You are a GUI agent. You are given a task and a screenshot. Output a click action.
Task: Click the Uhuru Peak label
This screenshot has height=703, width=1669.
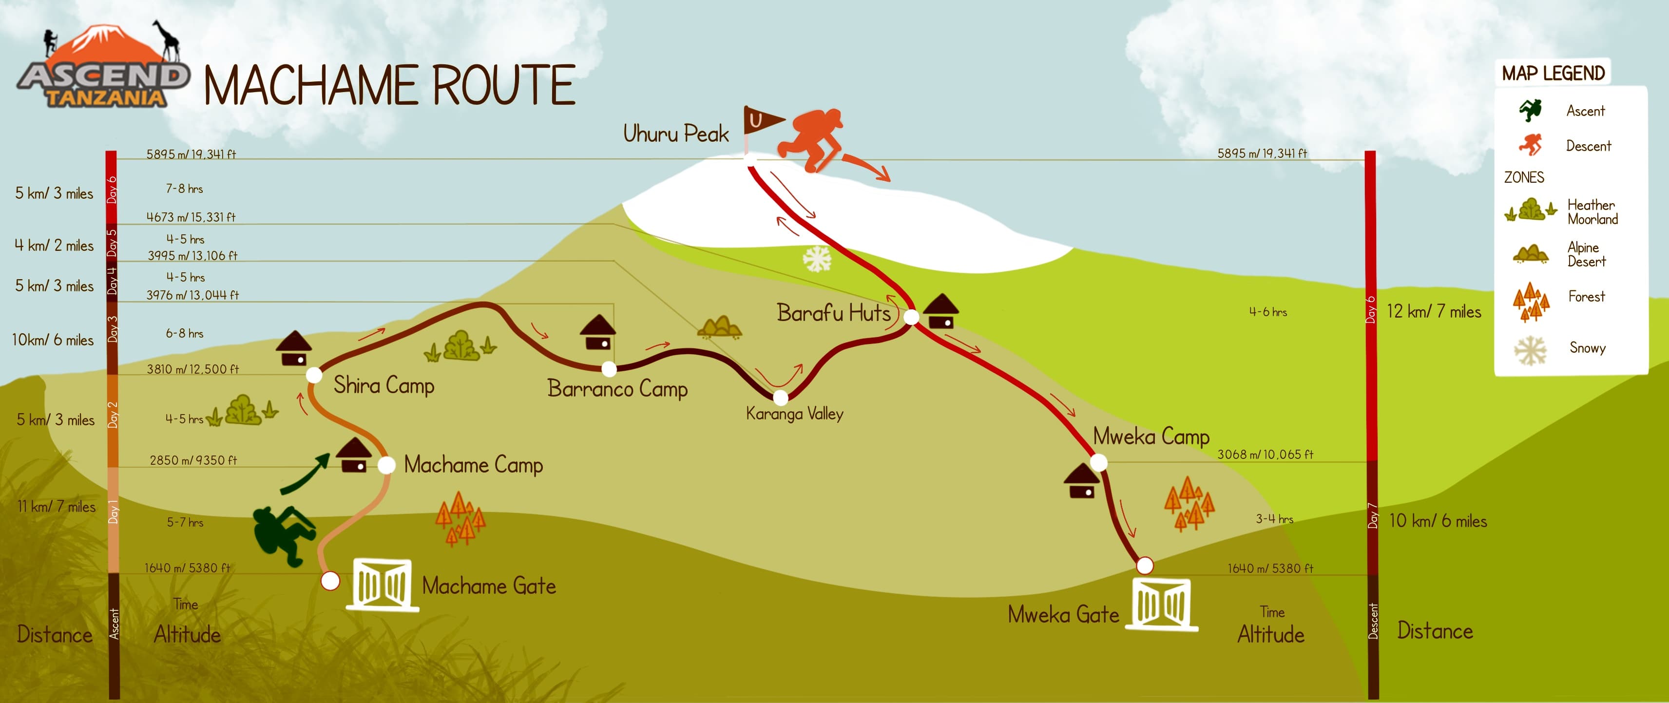point(676,133)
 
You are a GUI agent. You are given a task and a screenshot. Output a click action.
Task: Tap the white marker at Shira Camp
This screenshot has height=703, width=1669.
point(314,375)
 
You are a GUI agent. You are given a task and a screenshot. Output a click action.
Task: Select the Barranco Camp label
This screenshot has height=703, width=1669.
point(617,389)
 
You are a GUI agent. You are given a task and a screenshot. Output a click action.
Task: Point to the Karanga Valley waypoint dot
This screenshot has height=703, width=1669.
point(781,397)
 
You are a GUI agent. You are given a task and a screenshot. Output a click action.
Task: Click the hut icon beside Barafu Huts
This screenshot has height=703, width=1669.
point(941,312)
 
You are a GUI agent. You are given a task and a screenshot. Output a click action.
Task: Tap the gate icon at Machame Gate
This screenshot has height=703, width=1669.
point(382,584)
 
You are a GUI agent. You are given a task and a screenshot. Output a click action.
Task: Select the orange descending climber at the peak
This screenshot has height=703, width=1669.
point(812,138)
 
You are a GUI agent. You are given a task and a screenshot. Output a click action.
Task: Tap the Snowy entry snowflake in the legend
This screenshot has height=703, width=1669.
point(1530,350)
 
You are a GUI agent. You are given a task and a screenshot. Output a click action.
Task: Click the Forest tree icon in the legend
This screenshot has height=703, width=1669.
point(1531,301)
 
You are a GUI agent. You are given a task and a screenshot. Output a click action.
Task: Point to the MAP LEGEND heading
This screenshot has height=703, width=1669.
point(1553,73)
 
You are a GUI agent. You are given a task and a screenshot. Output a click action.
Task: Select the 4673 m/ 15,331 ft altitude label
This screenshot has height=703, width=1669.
point(191,217)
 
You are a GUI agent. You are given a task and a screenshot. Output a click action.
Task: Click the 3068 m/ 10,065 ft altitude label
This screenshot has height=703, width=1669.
point(1265,454)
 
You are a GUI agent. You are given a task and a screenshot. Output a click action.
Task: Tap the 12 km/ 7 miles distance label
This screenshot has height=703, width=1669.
point(1434,312)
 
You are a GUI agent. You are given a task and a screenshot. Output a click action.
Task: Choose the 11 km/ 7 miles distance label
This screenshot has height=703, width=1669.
point(57,507)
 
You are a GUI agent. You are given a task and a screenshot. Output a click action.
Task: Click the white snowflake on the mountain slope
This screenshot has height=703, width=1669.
point(817,259)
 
